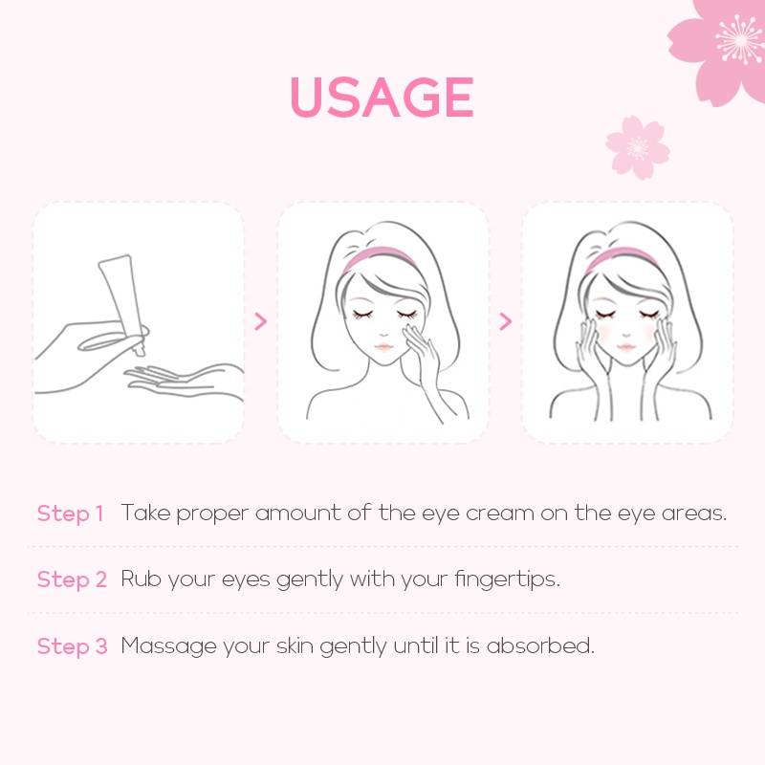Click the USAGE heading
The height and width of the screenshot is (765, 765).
[382, 97]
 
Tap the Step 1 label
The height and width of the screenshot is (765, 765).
[70, 514]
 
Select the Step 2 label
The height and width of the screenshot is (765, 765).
[72, 579]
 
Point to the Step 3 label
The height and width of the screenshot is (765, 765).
[72, 646]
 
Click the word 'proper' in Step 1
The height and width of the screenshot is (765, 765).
[212, 514]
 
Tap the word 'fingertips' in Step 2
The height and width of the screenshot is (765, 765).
[508, 579]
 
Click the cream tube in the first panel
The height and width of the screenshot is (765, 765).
[123, 304]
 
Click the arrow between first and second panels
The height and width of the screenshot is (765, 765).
[261, 321]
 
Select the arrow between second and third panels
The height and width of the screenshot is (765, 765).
[506, 321]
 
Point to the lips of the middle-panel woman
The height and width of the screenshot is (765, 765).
[383, 347]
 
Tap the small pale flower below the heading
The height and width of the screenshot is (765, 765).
[637, 147]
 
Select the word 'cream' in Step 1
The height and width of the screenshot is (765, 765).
[499, 514]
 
